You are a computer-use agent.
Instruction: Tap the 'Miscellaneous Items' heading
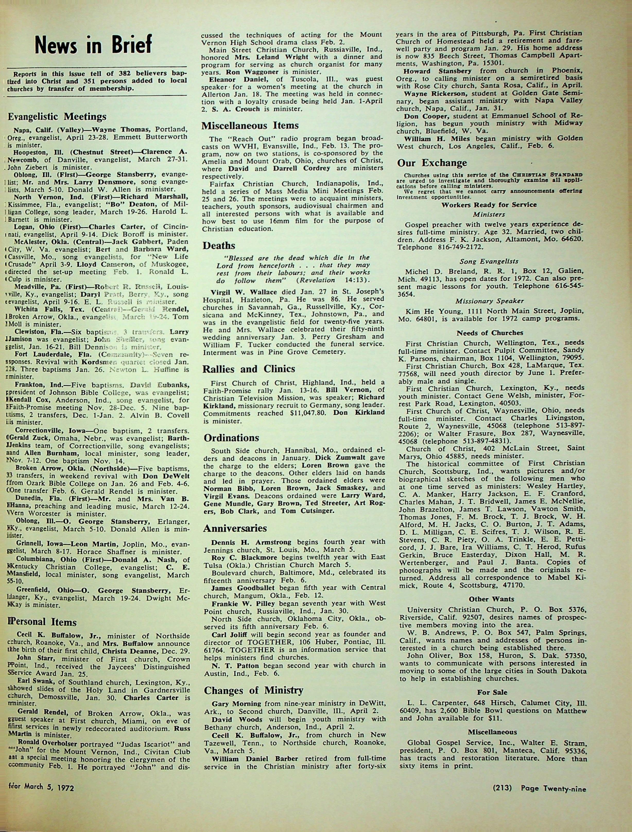(250, 125)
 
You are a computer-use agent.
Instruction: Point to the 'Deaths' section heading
(219, 246)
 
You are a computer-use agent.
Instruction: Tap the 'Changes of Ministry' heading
(253, 690)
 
